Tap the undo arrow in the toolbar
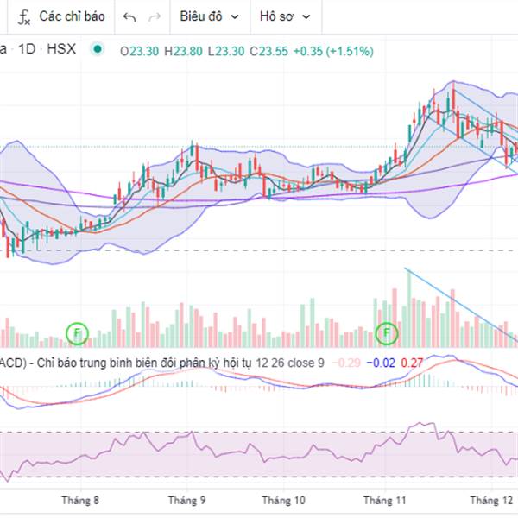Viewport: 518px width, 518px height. (x=129, y=16)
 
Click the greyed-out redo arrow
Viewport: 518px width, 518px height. (x=155, y=16)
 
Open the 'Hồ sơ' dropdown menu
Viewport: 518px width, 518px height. (x=285, y=16)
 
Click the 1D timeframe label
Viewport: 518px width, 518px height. (x=27, y=50)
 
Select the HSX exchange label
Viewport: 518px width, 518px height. (x=61, y=50)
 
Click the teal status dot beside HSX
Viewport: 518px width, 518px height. (x=97, y=49)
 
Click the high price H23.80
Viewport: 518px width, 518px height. (x=183, y=51)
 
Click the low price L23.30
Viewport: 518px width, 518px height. (x=226, y=51)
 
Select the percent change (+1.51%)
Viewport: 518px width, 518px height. (x=349, y=51)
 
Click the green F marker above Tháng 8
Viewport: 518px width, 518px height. (x=78, y=332)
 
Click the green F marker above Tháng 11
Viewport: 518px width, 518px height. (x=387, y=332)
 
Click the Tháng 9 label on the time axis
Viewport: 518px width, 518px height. (x=186, y=500)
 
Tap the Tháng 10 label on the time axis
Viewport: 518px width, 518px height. (x=284, y=500)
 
